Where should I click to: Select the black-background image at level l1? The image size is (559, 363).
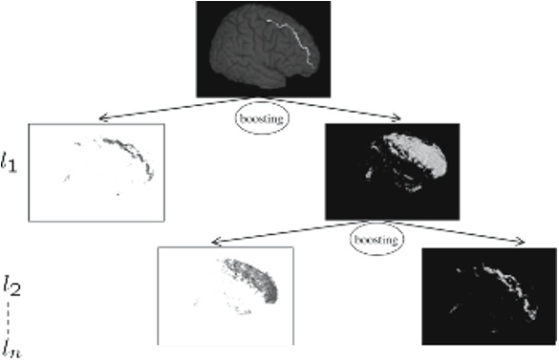[x=392, y=171]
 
